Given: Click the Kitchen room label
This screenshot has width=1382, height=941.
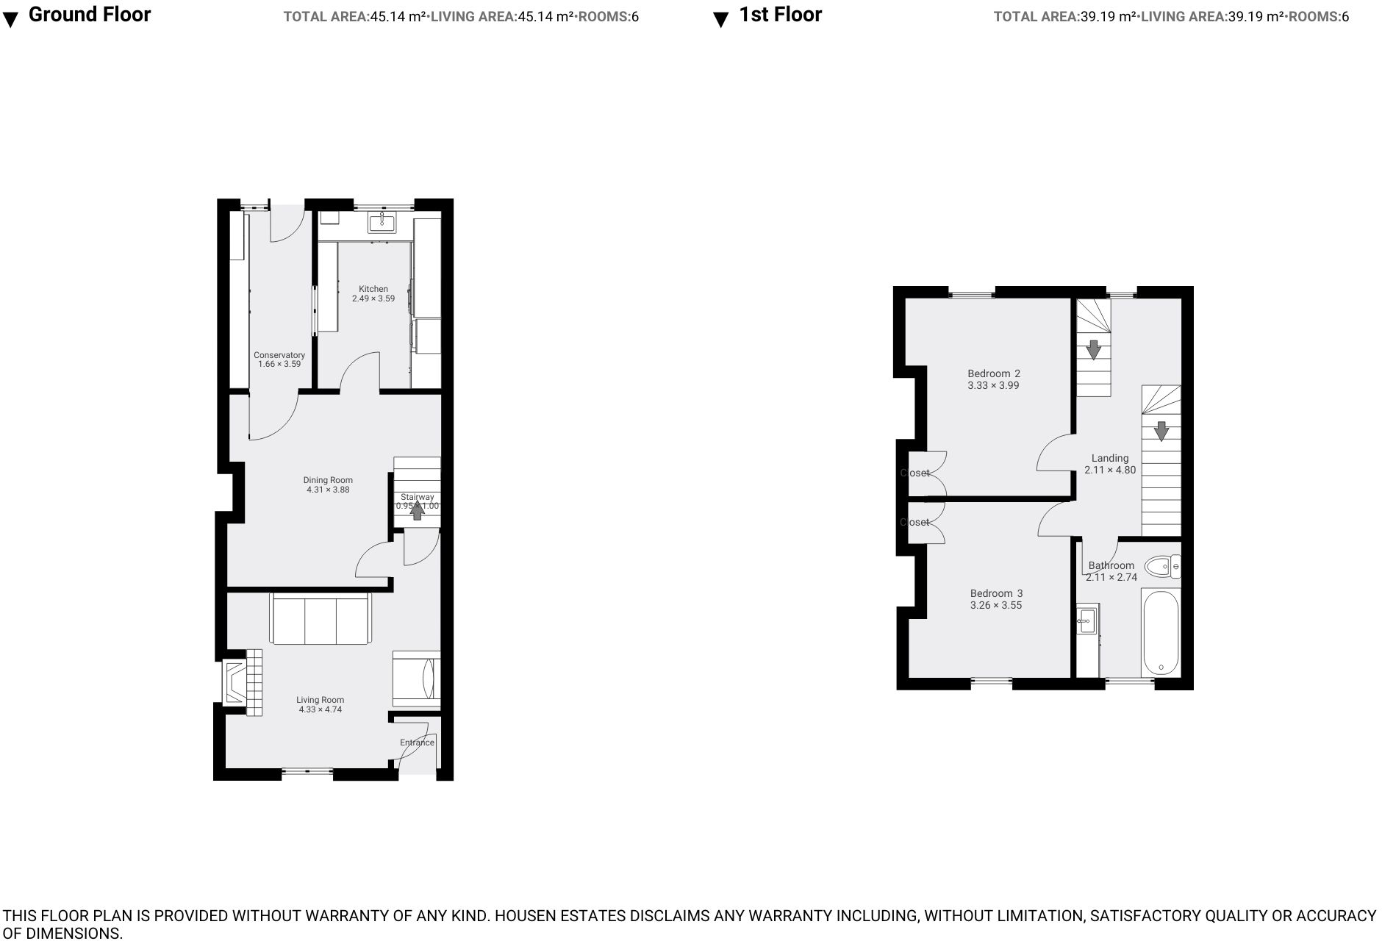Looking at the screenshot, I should pos(373,289).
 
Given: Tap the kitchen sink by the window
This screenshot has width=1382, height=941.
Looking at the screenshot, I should pos(382,222).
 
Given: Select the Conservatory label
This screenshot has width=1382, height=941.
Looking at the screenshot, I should pos(279,355).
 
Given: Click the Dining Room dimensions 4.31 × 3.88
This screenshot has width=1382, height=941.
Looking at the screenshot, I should pos(328,490).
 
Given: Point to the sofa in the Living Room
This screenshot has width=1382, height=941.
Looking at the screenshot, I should pos(321,620).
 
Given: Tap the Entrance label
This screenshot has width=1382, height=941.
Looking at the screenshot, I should pos(417,743).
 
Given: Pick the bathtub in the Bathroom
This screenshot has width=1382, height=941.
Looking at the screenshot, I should pos(1161,634).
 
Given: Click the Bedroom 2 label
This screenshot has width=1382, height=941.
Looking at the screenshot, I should pos(993,373).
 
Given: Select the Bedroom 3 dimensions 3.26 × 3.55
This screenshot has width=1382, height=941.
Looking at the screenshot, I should pos(996,605).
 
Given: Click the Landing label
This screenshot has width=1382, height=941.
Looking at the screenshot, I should pos(1109,458).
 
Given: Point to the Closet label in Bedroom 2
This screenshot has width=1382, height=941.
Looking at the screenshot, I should pos(915,473).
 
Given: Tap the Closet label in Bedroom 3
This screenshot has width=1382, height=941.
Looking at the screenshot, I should pos(915,522).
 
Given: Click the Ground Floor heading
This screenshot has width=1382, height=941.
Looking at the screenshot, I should pos(89,15).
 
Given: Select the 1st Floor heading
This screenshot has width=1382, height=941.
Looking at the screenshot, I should pos(780,15).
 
